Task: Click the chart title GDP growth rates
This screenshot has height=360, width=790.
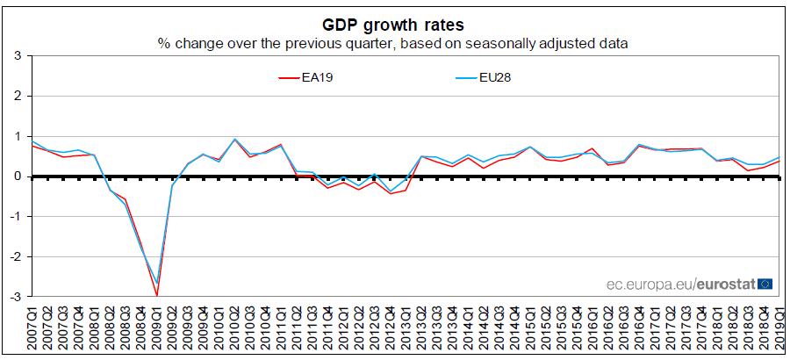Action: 394,24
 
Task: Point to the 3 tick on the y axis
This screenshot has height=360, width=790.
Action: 17,56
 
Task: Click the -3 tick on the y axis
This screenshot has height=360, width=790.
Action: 15,297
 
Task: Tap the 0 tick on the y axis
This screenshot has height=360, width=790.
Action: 17,176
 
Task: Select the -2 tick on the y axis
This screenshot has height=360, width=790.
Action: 15,256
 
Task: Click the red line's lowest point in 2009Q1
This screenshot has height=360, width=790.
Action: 156,295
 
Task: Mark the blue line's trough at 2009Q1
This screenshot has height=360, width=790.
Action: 156,283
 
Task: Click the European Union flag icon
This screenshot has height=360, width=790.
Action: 765,284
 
